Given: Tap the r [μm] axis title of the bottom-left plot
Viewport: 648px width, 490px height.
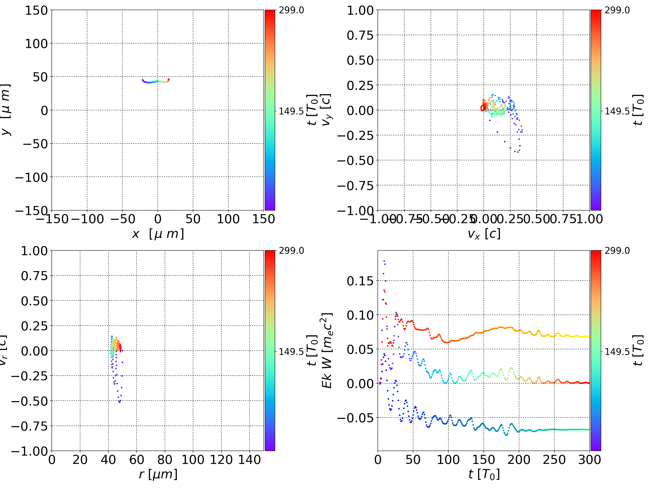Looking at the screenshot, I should click(158, 474).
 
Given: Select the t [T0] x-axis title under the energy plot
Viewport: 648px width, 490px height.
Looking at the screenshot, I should click(484, 474).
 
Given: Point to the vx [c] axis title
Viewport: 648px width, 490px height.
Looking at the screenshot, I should click(484, 234).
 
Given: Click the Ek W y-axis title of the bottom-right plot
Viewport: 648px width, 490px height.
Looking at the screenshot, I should click(327, 350).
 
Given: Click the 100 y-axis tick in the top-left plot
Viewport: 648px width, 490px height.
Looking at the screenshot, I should click(36, 44).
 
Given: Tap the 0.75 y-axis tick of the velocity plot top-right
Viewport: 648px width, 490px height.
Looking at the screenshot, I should click(360, 35).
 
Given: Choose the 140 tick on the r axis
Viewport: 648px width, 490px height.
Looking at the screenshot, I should click(249, 460).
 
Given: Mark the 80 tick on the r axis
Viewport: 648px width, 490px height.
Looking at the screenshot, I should click(165, 460).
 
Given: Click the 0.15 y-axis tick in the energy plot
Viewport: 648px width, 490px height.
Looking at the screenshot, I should click(360, 281).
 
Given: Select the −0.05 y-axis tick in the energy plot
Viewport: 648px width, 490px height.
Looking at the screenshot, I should click(355, 417).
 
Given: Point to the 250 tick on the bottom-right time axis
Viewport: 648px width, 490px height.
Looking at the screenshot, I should click(554, 460).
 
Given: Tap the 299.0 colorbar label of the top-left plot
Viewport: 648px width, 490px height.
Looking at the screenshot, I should click(291, 10).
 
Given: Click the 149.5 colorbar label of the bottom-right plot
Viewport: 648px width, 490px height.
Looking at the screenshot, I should click(617, 351).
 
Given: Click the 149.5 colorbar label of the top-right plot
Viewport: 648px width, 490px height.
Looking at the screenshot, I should click(617, 111).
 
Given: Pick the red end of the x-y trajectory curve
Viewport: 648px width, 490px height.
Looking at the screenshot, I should click(169, 79).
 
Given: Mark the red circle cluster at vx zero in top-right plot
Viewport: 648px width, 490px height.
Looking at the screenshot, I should click(482, 108).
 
